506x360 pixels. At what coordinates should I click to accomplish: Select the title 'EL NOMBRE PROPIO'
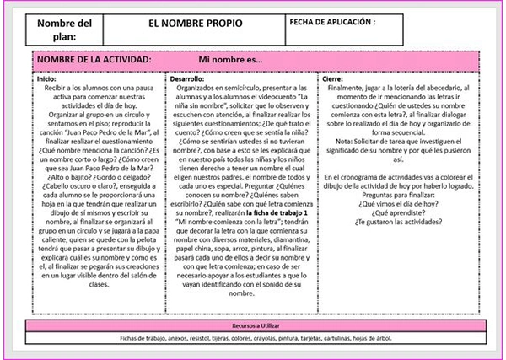coord(188,23)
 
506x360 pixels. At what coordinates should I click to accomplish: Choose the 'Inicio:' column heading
coord(46,78)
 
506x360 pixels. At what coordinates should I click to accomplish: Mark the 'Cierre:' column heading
coord(333,78)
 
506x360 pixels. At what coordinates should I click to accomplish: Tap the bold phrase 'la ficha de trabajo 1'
coord(279,216)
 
